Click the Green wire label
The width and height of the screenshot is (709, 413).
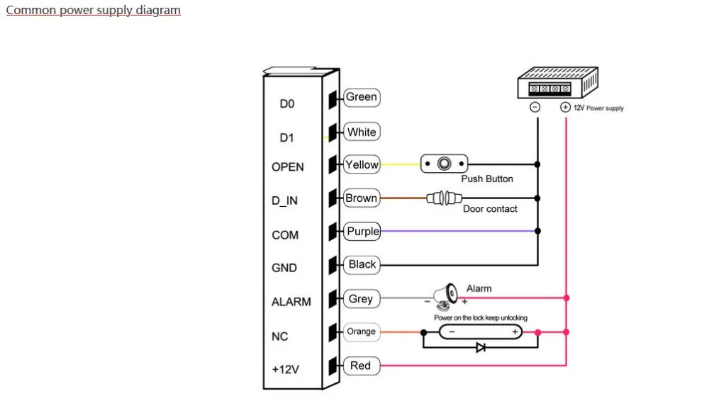(362, 97)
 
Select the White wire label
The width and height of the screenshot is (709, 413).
(362, 132)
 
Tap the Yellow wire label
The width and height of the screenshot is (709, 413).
(362, 164)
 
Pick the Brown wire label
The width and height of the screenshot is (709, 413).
(362, 198)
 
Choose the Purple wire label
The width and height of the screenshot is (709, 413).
(362, 232)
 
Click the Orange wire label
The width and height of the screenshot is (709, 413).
(362, 332)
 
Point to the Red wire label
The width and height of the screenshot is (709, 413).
(362, 366)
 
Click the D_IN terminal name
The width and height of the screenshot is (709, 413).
(284, 200)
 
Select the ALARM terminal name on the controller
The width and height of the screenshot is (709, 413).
(291, 301)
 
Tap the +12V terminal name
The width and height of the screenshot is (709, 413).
(285, 369)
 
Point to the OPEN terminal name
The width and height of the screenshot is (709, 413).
(288, 166)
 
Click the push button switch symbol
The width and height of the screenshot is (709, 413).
(444, 164)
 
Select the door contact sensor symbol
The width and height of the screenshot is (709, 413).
(444, 198)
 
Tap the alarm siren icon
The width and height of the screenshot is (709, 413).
(445, 296)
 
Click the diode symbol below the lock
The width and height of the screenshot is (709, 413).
(481, 348)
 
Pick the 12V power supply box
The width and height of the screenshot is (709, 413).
(558, 82)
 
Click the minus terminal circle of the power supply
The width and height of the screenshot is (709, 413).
(535, 107)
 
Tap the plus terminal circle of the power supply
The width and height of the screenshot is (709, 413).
(565, 107)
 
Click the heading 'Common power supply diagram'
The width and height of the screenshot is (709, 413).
(93, 10)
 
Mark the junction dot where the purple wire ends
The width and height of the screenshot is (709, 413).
(537, 231)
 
